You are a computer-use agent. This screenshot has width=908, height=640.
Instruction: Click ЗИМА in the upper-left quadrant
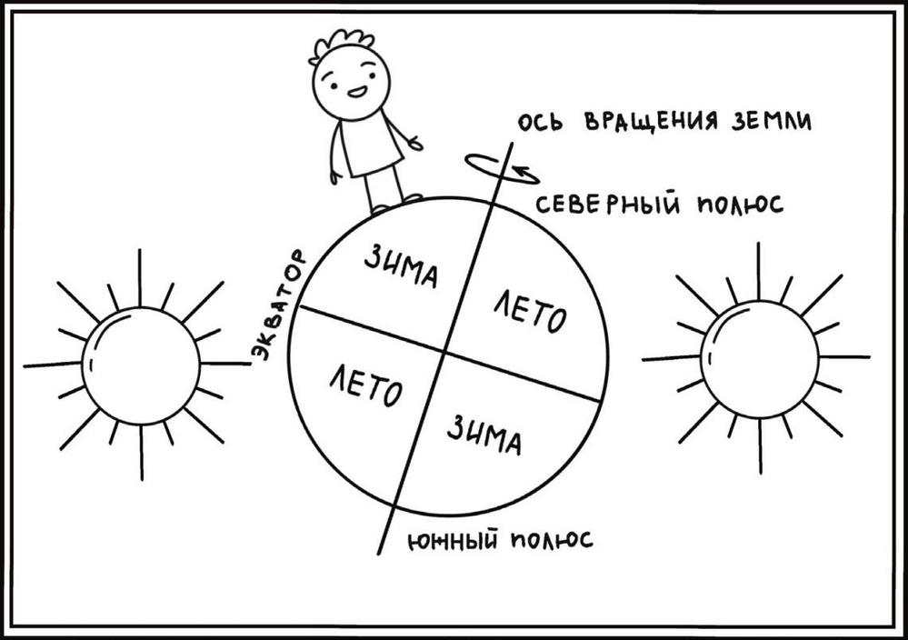(401, 266)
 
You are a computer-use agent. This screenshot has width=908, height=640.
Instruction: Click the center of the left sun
(141, 365)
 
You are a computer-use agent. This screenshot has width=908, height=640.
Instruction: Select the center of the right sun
(760, 360)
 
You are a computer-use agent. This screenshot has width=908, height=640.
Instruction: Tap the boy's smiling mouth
(357, 92)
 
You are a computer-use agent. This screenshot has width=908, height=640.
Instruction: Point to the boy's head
(351, 79)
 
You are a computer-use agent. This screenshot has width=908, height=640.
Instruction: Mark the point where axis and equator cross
(444, 350)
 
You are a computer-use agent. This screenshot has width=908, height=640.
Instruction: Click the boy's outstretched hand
(416, 143)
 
